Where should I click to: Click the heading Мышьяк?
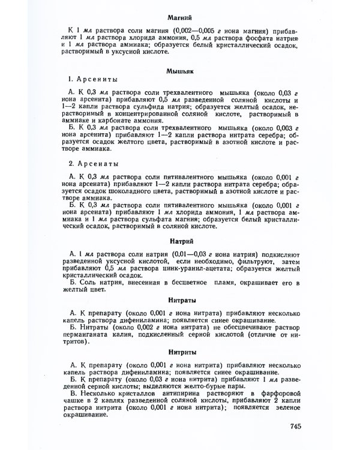(179, 71)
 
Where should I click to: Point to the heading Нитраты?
(179, 299)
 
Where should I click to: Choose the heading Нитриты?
(179, 351)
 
